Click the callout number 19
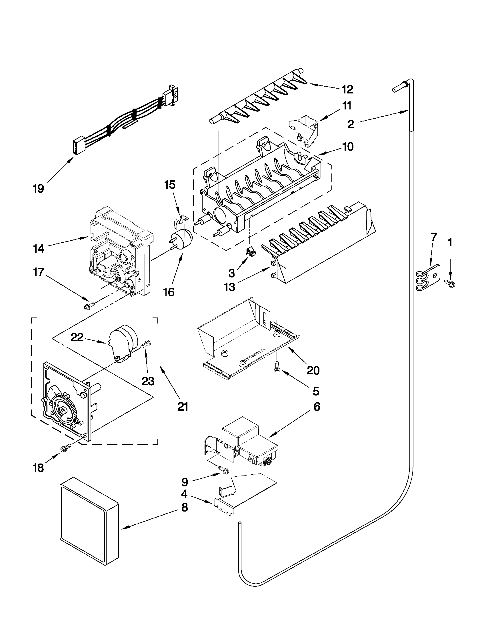38,189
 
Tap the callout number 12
347,89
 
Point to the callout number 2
350,125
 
